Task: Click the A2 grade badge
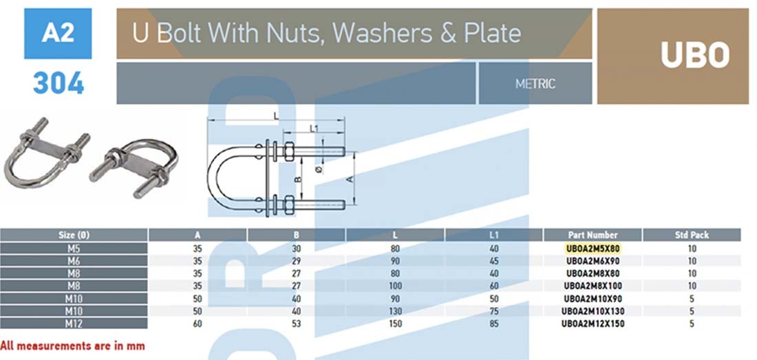click(58, 33)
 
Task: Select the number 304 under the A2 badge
click(58, 83)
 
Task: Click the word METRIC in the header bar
click(535, 84)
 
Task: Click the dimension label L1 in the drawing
click(314, 128)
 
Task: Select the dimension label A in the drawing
click(349, 178)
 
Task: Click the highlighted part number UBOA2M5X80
click(593, 248)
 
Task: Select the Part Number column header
click(593, 235)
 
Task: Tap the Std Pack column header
click(692, 235)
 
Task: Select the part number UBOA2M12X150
click(593, 323)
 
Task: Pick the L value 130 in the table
click(395, 310)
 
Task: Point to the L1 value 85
click(493, 323)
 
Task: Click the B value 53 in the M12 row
click(297, 323)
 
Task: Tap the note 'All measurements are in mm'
click(72, 346)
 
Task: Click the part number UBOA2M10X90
click(593, 298)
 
